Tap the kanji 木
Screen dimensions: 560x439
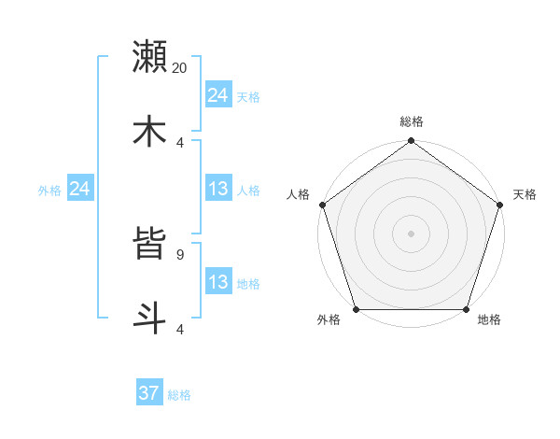150,130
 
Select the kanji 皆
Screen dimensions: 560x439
150,242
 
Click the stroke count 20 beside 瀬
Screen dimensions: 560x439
180,67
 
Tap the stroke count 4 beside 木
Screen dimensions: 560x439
180,142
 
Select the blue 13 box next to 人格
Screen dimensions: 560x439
218,189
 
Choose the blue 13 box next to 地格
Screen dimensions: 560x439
218,282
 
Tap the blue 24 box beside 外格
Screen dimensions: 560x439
80,189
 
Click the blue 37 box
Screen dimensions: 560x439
149,393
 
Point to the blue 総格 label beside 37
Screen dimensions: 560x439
179,395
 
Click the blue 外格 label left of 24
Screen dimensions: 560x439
49,191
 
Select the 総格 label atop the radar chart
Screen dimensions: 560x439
412,121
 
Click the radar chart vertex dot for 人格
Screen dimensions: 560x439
322,205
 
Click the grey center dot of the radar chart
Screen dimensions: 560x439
412,234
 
